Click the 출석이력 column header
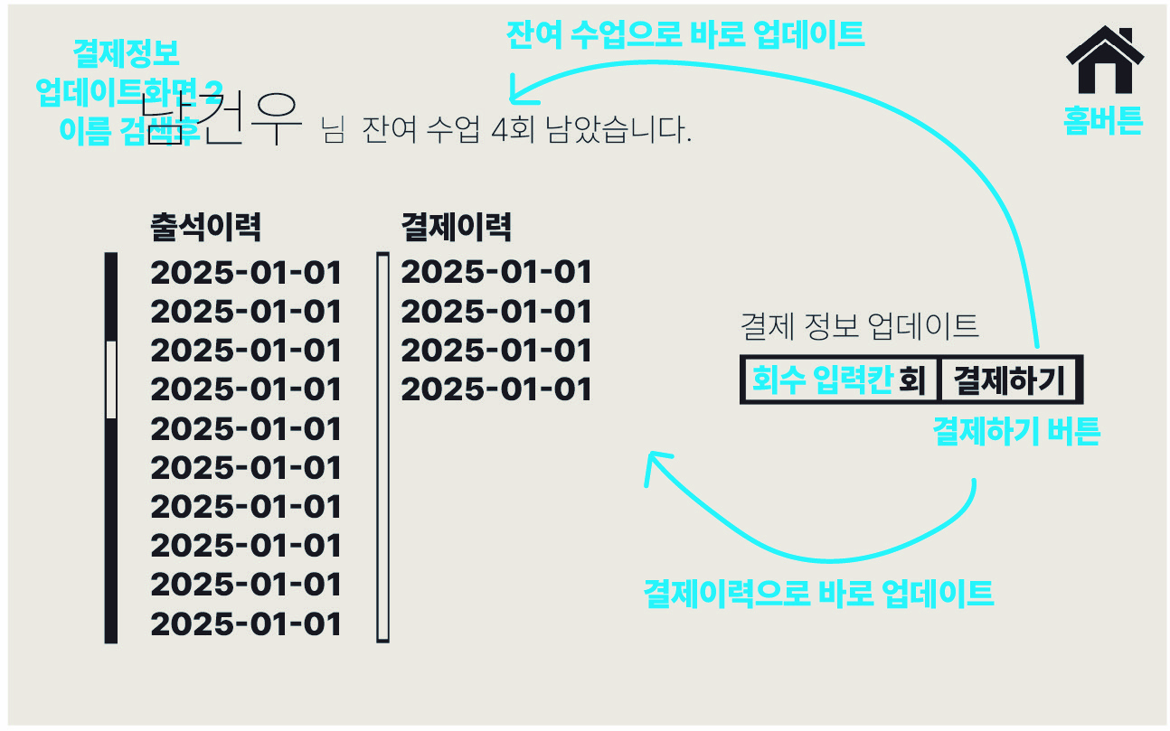click(205, 228)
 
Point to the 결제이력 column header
click(456, 228)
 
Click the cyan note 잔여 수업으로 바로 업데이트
click(685, 35)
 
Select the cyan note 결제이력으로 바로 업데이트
click(818, 595)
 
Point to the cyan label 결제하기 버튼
click(1015, 433)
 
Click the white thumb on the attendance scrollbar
click(111, 380)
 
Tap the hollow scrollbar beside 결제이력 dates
click(382, 448)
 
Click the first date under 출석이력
click(246, 273)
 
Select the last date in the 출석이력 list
click(246, 624)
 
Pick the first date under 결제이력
click(495, 273)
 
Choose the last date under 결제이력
click(495, 390)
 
